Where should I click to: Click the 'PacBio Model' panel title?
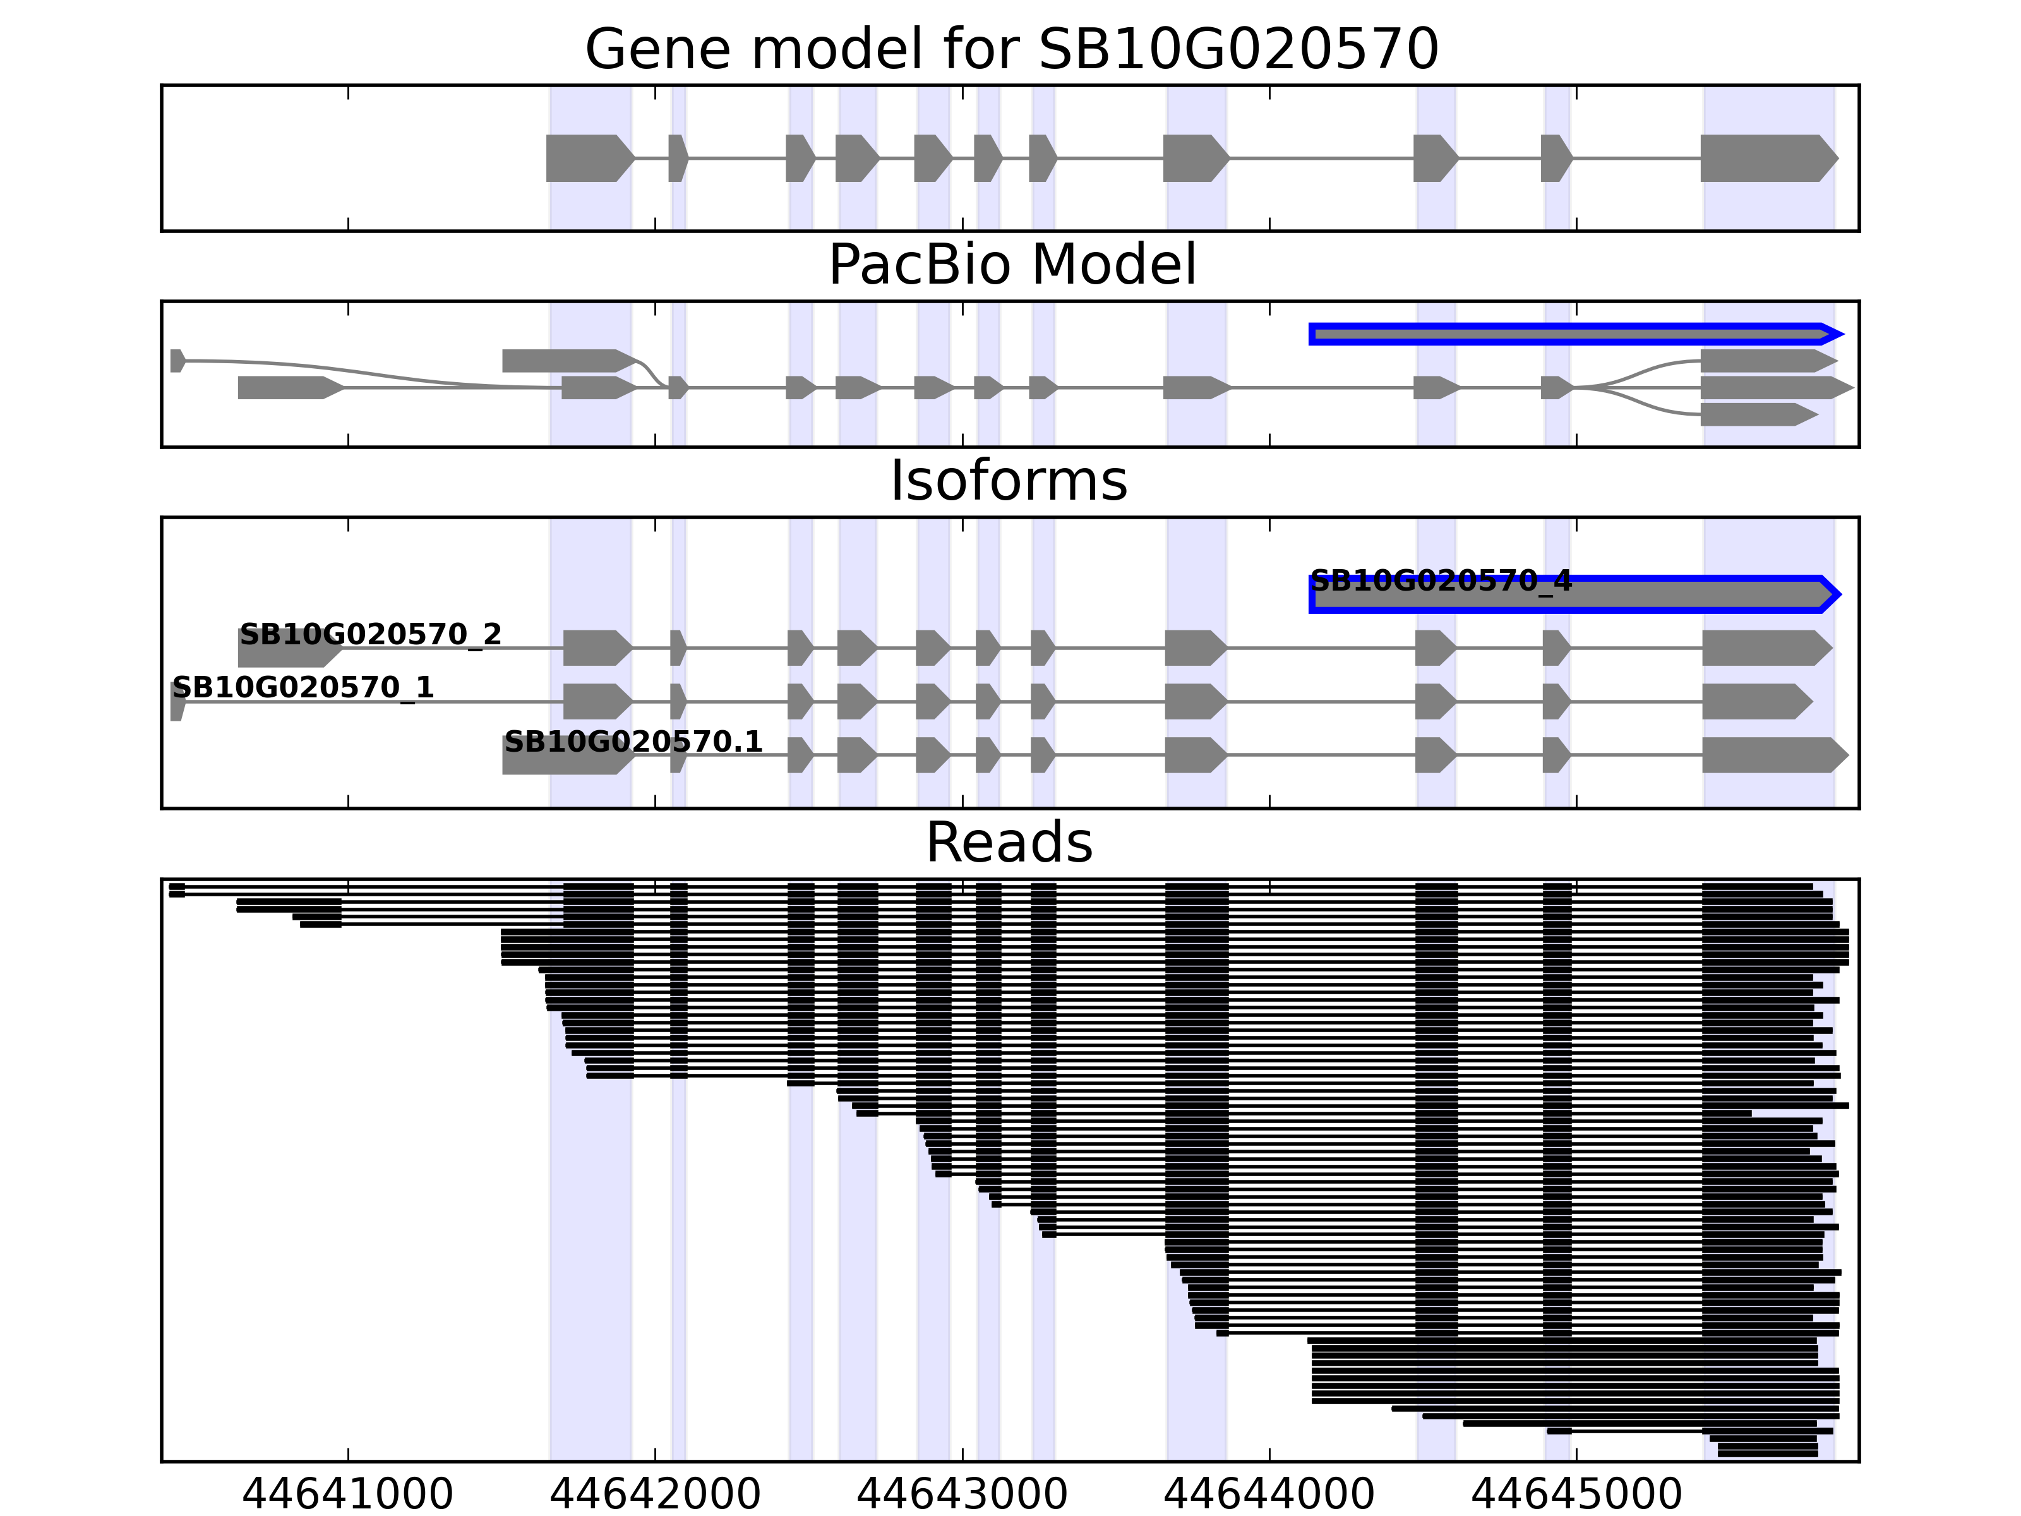[1011, 265]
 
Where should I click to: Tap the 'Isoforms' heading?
[1009, 481]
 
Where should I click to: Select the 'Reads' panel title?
[1009, 843]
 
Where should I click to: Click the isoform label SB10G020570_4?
[1441, 581]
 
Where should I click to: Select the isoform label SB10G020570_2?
[370, 634]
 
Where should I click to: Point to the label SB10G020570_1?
[303, 687]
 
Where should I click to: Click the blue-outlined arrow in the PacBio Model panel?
[1571, 334]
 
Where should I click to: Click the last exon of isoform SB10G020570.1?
[1773, 755]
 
